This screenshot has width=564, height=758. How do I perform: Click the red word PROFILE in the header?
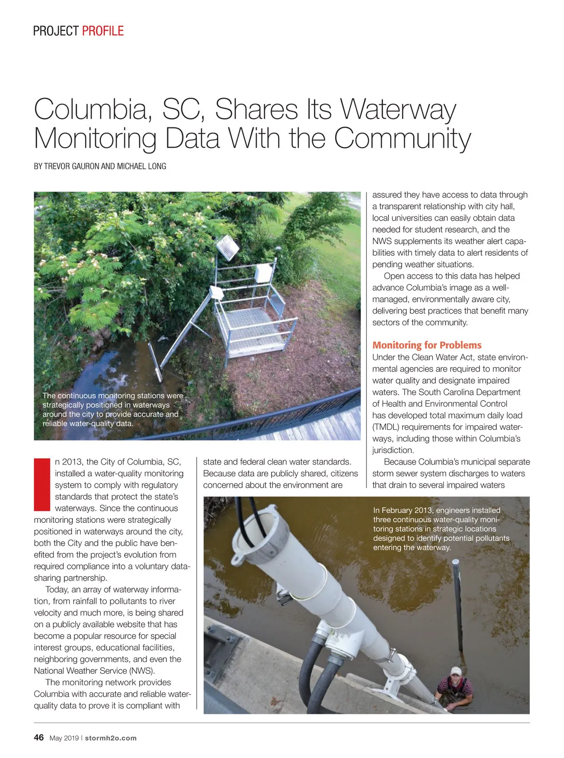point(102,31)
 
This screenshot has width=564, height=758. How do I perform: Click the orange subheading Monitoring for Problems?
point(427,345)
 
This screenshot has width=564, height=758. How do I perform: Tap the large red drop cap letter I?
point(42,484)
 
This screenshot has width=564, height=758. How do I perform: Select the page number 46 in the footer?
point(39,737)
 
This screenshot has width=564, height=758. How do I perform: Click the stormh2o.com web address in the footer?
point(111,738)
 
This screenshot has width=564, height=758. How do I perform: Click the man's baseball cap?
point(455,671)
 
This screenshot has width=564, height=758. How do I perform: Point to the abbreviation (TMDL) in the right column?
point(386,427)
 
